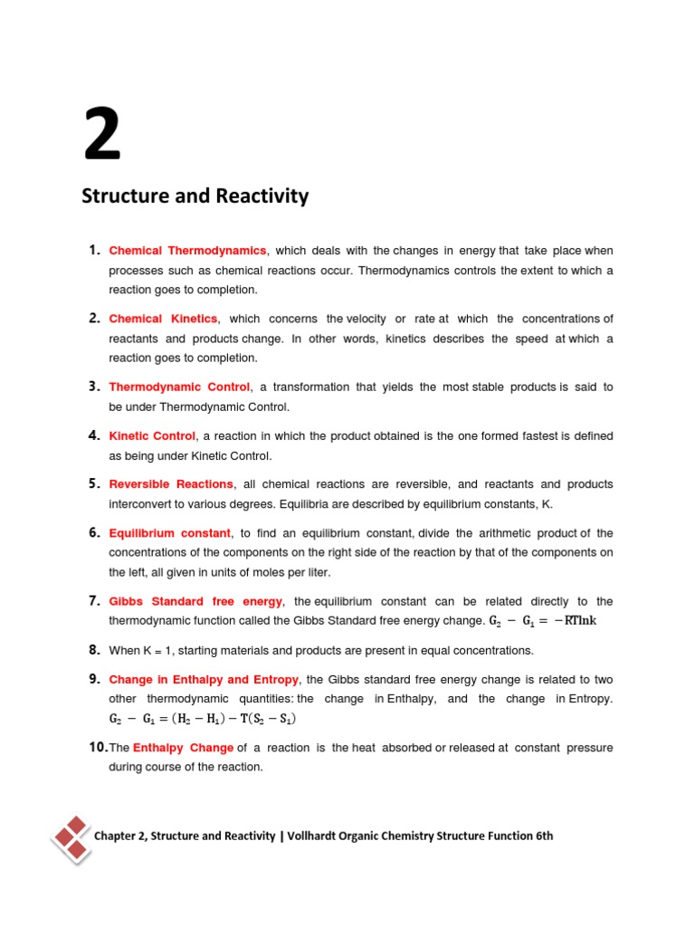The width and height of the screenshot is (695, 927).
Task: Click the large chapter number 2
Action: [x=102, y=134]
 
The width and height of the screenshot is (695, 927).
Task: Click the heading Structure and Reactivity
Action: [x=195, y=196]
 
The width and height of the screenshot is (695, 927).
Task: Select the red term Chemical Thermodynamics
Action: [x=187, y=251]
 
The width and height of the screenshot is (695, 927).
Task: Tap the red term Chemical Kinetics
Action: [x=163, y=319]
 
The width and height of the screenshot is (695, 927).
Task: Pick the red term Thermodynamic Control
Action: [x=179, y=387]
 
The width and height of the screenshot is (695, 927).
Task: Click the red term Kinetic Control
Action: [x=152, y=436]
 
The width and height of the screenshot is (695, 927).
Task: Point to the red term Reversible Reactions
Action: [x=171, y=484]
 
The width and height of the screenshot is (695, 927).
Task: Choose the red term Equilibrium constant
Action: [x=170, y=533]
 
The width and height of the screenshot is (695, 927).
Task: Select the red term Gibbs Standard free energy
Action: [x=195, y=601]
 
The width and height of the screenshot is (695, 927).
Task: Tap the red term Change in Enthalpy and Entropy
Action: [x=204, y=680]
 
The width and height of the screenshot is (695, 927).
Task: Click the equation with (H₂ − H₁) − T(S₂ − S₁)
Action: [x=202, y=719]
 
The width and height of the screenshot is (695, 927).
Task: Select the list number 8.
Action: [x=94, y=650]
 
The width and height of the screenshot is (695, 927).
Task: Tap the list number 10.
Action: [x=98, y=748]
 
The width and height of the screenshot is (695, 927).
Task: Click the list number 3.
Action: [x=94, y=387]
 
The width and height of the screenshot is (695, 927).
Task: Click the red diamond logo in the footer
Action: [x=71, y=836]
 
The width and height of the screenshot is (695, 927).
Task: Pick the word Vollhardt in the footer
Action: [x=315, y=836]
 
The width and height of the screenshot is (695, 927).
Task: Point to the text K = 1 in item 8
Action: [x=159, y=651]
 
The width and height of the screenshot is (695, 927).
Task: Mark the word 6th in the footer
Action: [x=543, y=836]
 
